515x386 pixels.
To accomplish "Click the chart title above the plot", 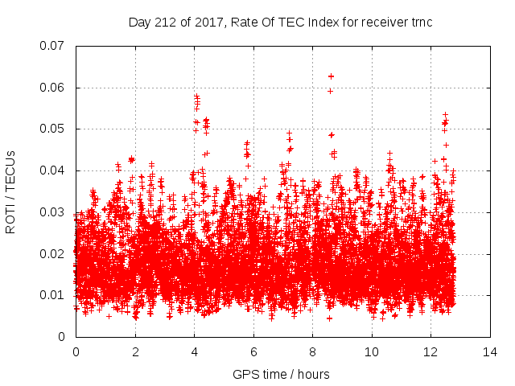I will (281, 22).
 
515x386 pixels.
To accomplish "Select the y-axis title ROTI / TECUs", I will (11, 191).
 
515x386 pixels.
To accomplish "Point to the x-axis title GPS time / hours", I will (281, 374).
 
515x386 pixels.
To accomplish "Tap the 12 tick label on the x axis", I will (431, 352).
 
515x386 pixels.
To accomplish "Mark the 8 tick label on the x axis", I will (312, 352).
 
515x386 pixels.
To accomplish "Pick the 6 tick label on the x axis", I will (253, 352).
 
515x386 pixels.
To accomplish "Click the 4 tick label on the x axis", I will (194, 352).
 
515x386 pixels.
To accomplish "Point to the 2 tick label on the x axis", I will (135, 352).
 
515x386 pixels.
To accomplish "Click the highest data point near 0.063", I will (331, 76).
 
